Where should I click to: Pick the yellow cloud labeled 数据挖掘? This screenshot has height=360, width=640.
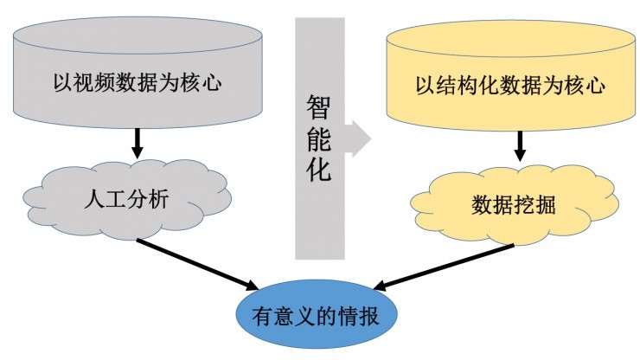click(x=513, y=205)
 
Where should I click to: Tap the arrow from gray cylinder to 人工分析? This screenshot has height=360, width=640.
click(x=137, y=143)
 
